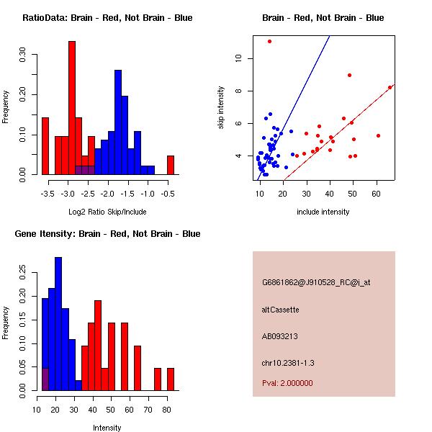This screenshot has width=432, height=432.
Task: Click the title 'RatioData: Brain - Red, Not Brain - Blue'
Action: click(x=107, y=17)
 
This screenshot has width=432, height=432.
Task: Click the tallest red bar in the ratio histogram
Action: click(x=72, y=107)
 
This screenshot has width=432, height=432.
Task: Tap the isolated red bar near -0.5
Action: click(x=171, y=165)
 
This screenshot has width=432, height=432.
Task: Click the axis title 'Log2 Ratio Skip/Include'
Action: click(x=107, y=212)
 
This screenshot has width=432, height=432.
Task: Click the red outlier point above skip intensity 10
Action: click(x=269, y=41)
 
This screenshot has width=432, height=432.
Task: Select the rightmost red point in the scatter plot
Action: click(x=390, y=87)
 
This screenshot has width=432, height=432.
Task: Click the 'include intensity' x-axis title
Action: click(x=323, y=212)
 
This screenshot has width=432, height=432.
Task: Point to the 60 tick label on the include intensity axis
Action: click(x=376, y=194)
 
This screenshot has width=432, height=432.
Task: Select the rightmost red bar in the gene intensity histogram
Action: click(x=171, y=379)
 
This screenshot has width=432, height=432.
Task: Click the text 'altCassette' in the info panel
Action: click(x=280, y=310)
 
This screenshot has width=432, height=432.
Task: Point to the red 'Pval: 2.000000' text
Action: click(x=287, y=383)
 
